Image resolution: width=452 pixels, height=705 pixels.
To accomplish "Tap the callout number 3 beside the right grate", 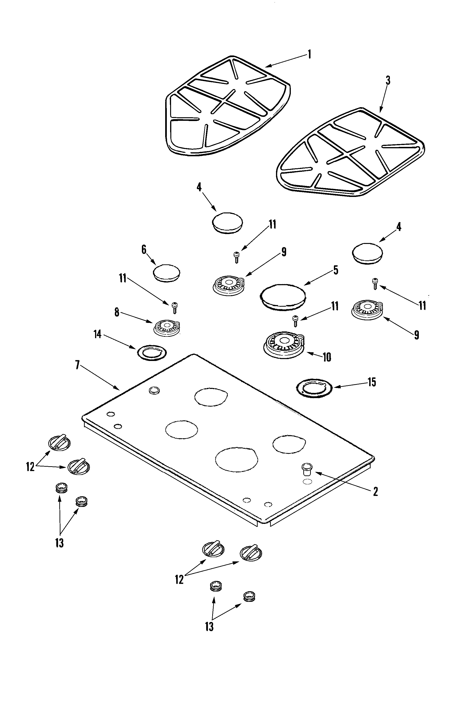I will [x=388, y=81].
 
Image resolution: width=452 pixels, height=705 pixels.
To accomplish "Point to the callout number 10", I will [x=327, y=357].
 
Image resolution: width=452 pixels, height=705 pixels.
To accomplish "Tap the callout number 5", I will [x=336, y=270].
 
